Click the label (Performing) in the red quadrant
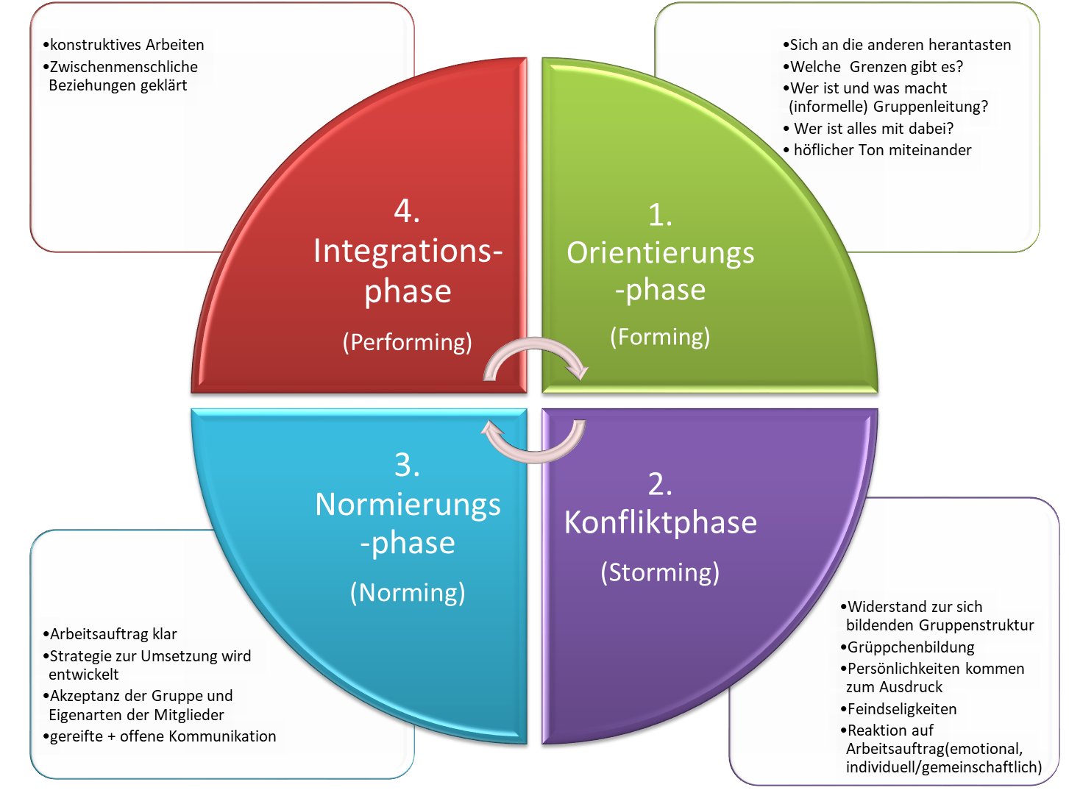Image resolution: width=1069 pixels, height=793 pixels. pos(407,342)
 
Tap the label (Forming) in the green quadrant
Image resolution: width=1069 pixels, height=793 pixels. pos(660,337)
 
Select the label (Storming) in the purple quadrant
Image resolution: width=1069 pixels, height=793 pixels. pos(660,572)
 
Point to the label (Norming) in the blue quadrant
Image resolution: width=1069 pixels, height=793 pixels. pos(408,592)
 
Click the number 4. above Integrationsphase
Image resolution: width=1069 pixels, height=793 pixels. pos(407,212)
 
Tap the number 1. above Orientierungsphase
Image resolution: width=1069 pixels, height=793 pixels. pos(660,216)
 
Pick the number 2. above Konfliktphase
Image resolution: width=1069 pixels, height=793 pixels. pos(660,484)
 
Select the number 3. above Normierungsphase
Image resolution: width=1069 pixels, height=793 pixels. pos(407,465)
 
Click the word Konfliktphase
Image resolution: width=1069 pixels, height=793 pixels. pos(660,522)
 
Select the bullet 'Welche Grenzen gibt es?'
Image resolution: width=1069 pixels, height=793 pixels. pos(876,67)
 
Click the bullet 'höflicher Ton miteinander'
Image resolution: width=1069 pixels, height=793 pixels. pos(881,150)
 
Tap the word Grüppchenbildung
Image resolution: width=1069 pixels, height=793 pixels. pos(910,647)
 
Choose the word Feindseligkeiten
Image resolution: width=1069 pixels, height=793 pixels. pos(901,709)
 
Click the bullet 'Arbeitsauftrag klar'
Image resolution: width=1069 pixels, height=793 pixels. pos(113,634)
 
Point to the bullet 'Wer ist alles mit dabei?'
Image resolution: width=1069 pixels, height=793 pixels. pos(873,129)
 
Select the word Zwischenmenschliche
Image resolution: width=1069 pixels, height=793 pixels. pos(123,67)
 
